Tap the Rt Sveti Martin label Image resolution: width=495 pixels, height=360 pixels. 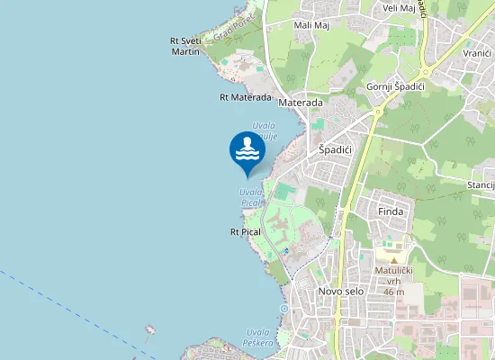(x=185, y=47)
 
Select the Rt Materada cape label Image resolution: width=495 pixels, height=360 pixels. (x=245, y=97)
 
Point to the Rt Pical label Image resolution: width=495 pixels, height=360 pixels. (x=245, y=232)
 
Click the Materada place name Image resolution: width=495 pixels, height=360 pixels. (x=301, y=103)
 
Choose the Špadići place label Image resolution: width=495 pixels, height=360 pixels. (x=337, y=149)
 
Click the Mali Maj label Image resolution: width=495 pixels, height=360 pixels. (x=311, y=25)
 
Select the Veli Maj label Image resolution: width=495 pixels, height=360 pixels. (x=399, y=8)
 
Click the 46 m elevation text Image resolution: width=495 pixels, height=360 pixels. (x=393, y=292)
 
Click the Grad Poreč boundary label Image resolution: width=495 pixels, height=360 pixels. (x=234, y=27)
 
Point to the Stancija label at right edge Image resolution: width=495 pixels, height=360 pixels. (x=481, y=185)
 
